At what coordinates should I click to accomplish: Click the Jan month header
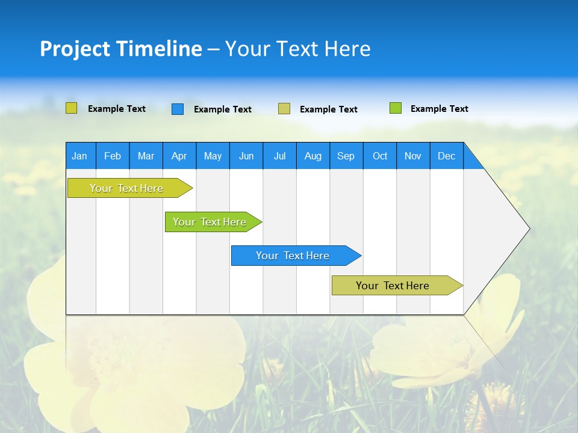tap(80, 156)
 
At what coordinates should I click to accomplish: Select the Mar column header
tap(146, 156)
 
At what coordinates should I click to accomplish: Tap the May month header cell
tap(213, 156)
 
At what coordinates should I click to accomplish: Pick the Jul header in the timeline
tap(279, 156)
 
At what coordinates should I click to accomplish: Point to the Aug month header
tap(313, 156)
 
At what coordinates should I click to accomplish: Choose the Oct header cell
tap(380, 156)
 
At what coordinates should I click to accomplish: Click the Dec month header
tap(447, 156)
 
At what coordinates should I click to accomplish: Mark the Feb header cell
tap(113, 156)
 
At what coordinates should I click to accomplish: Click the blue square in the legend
tap(178, 109)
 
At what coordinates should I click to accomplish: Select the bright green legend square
tap(396, 108)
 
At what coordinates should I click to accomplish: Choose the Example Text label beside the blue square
tap(223, 109)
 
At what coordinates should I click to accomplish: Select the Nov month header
tap(413, 156)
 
